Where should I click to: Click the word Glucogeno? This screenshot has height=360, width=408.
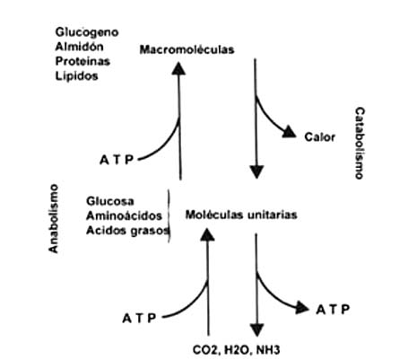tap(87, 32)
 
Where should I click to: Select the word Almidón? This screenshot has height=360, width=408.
tap(80, 47)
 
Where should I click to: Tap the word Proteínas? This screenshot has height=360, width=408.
tap(82, 61)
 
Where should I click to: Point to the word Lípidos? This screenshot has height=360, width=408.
tap(76, 75)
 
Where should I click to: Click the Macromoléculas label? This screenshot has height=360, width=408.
tap(187, 49)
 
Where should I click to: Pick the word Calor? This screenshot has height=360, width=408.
tap(319, 137)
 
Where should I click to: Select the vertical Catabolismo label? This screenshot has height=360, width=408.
tap(360, 144)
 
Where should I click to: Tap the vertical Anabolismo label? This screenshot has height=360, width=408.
tap(53, 219)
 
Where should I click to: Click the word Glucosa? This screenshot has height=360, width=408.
tap(110, 201)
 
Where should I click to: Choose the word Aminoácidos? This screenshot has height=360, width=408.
tap(124, 215)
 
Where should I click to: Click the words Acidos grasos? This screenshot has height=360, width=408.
tap(127, 231)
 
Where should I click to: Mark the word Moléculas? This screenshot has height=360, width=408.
tap(212, 215)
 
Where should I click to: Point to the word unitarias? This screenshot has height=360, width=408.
tap(269, 215)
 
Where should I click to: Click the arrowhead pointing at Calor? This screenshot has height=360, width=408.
tap(289, 132)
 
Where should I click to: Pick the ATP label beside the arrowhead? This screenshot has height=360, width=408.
tap(333, 310)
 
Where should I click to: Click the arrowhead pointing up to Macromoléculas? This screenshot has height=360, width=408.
tap(178, 68)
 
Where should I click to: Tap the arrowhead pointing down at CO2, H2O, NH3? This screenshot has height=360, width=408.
tap(256, 329)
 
